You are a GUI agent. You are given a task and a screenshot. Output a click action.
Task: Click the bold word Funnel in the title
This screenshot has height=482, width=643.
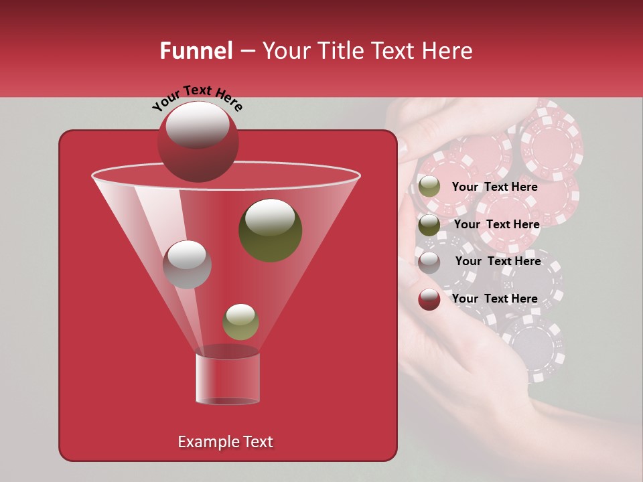coord(196,51)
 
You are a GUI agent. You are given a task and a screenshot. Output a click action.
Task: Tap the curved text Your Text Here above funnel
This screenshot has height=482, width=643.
coord(197,98)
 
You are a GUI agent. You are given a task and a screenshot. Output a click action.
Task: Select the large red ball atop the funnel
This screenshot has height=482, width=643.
coord(198,141)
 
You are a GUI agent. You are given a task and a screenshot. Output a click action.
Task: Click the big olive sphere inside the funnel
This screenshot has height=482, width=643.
coord(271,230)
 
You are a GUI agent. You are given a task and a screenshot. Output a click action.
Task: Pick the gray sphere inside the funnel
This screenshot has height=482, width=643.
coord(188,264)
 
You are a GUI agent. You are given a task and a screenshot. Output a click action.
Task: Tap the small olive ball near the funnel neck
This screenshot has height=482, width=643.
coord(240,322)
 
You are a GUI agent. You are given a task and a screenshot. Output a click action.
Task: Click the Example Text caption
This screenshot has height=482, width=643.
coord(225,442)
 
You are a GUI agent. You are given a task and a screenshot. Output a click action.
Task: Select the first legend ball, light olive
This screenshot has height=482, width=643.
coord(429,187)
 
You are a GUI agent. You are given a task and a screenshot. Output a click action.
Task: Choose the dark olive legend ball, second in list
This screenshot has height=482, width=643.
coord(429,224)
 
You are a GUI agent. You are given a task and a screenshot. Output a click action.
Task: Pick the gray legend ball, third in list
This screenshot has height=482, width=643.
coord(429,262)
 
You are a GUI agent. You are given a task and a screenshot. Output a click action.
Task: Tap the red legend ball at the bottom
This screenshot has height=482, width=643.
coord(429,299)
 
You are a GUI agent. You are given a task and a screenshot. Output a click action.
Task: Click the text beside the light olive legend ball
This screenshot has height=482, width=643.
coord(494,187)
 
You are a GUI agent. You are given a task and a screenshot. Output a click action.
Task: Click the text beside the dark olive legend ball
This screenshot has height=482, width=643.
coord(496,224)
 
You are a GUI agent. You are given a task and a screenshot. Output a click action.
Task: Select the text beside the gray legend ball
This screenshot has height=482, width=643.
coord(498,261)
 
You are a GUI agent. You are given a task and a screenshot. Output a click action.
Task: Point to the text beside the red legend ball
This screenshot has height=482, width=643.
coord(494,299)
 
